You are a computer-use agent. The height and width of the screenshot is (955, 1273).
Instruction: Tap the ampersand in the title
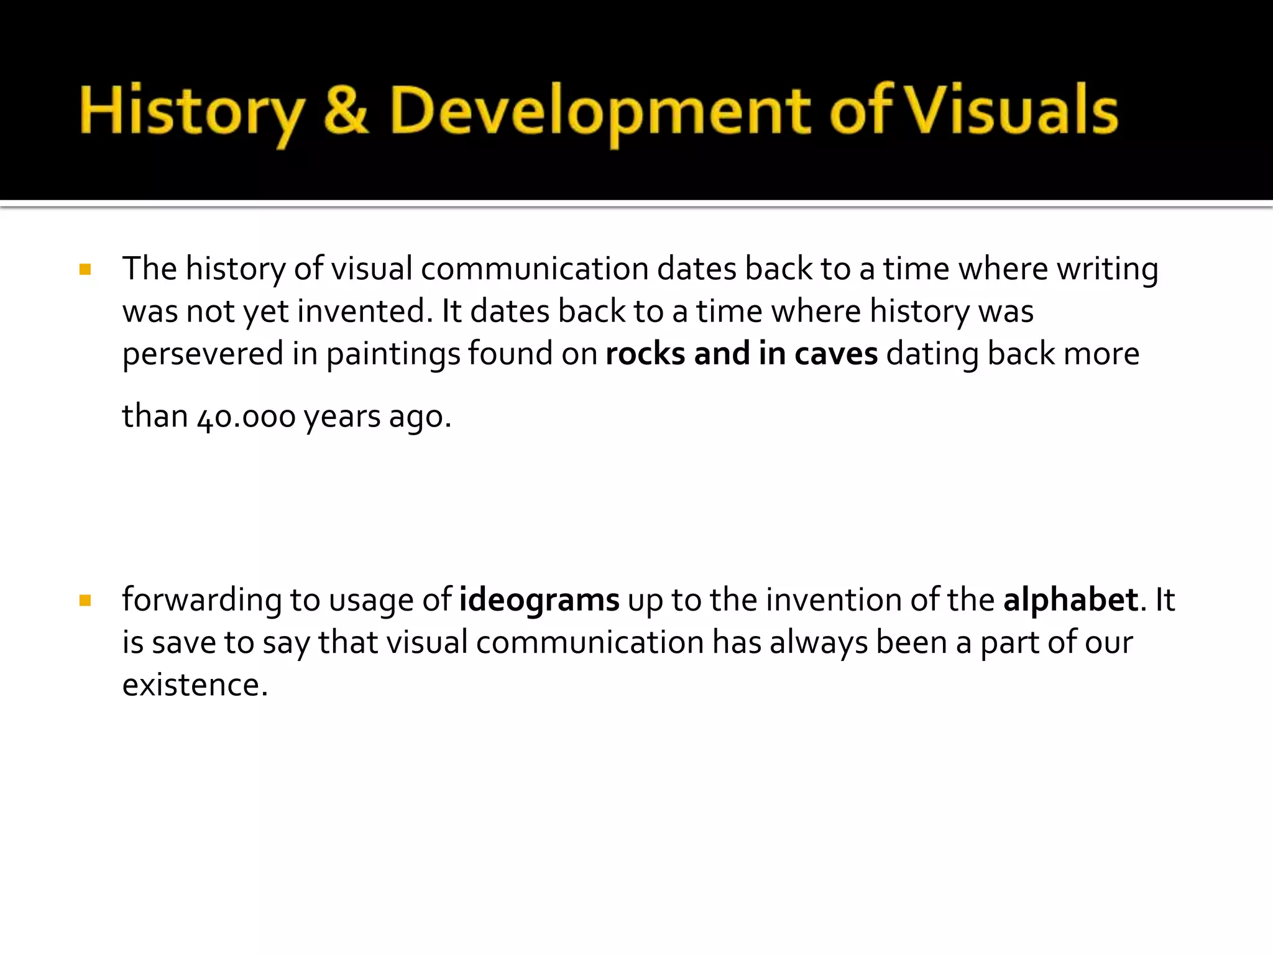[346, 111]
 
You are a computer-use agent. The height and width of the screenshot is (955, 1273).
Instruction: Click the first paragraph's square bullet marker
[86, 270]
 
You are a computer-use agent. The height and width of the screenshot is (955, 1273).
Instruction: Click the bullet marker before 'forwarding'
[86, 601]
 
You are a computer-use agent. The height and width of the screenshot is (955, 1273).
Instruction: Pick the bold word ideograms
[539, 601]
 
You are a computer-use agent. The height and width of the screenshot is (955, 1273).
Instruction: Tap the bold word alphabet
[1070, 601]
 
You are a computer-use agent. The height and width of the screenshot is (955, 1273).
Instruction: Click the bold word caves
[836, 354]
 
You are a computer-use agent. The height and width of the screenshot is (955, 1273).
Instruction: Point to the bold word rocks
[645, 354]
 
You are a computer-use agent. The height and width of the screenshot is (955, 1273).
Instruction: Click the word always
[818, 643]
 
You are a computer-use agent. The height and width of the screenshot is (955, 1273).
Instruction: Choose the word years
[341, 417]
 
